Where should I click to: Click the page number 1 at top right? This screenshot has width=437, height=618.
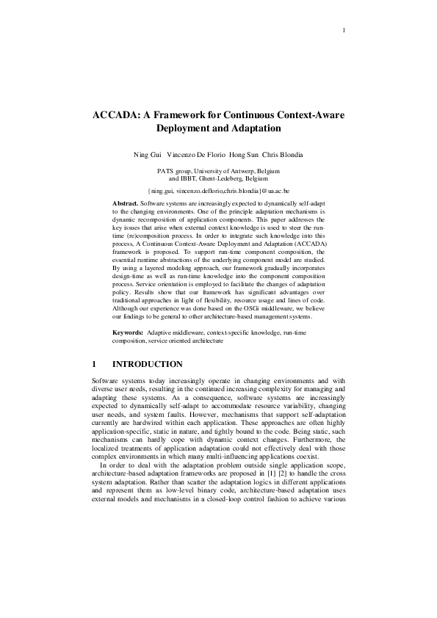343,30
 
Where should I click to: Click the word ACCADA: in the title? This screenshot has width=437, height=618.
117,115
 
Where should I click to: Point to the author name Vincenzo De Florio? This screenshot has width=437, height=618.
198,155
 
